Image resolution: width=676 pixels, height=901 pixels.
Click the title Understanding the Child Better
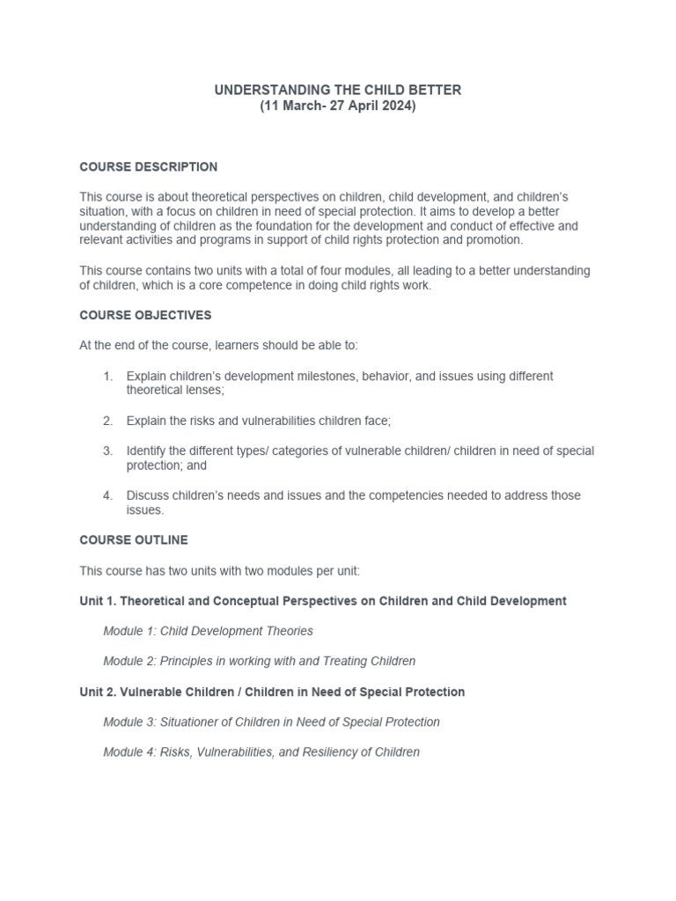pos(338,90)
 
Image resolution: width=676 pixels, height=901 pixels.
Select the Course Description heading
pos(148,166)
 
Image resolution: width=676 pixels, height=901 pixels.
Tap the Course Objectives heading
pos(145,315)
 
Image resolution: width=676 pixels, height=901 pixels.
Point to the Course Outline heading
pos(133,539)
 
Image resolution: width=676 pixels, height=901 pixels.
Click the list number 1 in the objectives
pos(107,376)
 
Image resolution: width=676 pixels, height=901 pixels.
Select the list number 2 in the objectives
pos(107,421)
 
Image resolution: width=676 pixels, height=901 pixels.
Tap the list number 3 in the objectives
pos(107,450)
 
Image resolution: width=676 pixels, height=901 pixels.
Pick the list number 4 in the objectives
pos(107,495)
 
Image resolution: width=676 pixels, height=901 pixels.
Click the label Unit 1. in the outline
pos(97,601)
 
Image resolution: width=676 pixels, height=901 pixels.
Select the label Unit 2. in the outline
pos(97,692)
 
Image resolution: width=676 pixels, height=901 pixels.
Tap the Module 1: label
pos(129,631)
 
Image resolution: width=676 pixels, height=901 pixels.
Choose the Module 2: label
pos(129,661)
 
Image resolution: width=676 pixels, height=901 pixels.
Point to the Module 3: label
pos(129,722)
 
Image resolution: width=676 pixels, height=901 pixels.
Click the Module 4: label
pos(129,751)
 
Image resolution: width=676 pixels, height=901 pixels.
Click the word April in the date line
pos(361,106)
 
